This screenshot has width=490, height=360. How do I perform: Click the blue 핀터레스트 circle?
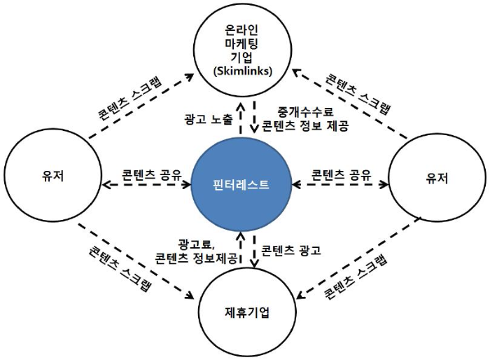click(241, 185)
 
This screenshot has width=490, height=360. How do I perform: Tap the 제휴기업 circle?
click(244, 311)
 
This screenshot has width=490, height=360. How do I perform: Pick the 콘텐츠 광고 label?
click(291, 249)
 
